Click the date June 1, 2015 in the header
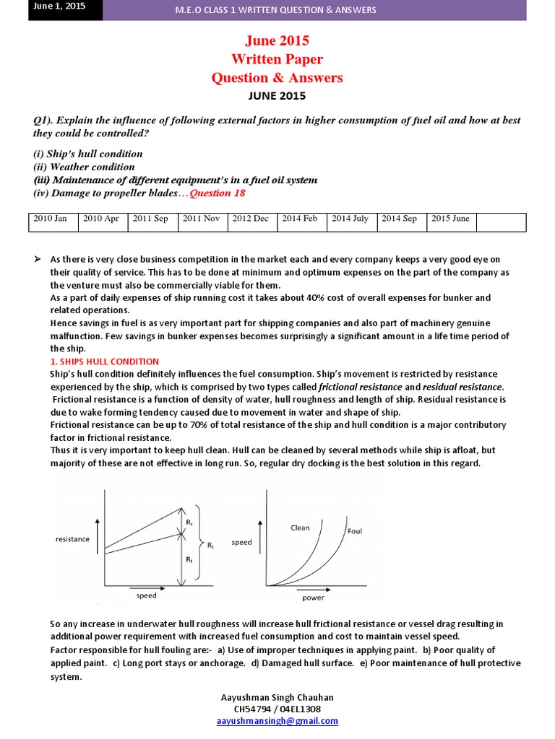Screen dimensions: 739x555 pos(56,7)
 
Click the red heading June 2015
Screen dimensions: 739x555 pos(277,41)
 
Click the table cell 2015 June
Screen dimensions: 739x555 pos(450,219)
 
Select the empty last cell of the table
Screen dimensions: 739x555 pos(497,222)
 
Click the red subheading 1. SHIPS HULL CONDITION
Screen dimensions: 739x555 pos(104,361)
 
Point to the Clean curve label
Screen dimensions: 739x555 pos(300,528)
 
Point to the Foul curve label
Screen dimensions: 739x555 pos(355,530)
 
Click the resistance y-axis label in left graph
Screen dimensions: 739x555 pos(72,539)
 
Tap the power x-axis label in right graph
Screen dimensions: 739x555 pos(313,598)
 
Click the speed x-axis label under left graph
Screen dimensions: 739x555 pos(146,595)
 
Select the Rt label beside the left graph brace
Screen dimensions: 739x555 pos(210,546)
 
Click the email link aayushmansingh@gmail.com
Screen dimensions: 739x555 pos(277,720)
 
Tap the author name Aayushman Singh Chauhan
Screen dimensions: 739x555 pos(277,697)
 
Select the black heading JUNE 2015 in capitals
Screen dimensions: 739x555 pos(277,95)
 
